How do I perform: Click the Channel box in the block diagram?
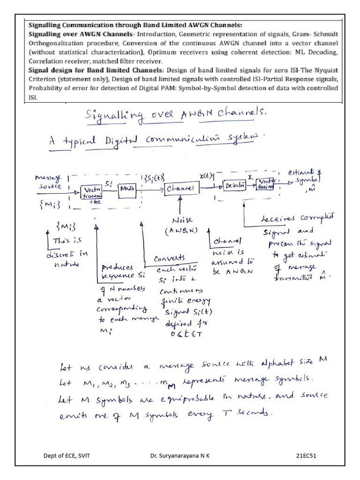point(181,188)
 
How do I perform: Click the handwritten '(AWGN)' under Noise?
point(180,231)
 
